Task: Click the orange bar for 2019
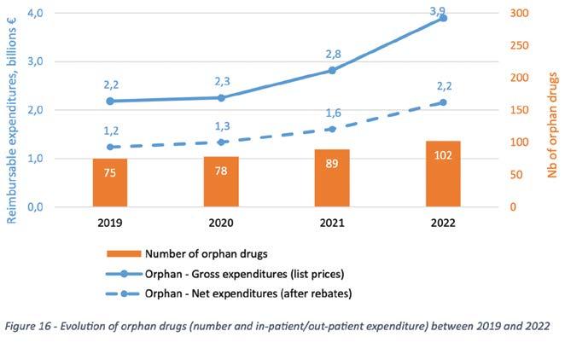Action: coord(110,183)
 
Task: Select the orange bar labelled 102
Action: coord(443,174)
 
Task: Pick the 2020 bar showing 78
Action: coord(221,182)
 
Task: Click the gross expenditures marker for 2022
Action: coord(443,18)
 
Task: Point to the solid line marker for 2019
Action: coord(110,101)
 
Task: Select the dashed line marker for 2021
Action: coord(332,129)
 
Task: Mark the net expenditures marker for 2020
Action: coord(221,142)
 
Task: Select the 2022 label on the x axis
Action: coord(443,223)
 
